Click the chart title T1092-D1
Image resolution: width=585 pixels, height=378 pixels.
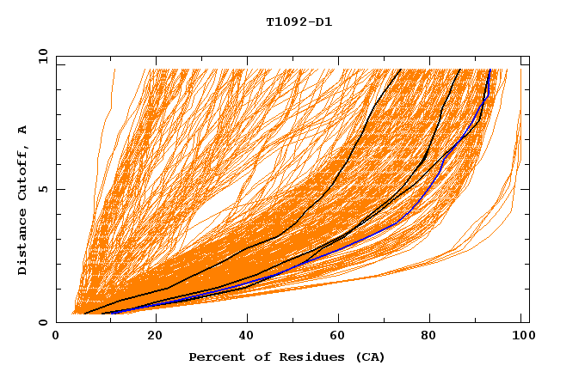[x=299, y=22]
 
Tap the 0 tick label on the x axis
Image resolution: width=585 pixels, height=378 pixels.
[x=56, y=337]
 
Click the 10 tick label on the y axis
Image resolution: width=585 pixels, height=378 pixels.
[x=41, y=56]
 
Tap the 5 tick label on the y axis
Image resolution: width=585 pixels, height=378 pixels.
[x=44, y=189]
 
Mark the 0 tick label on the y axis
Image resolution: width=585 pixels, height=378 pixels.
[x=44, y=322]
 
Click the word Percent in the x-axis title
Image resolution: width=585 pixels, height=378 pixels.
[x=214, y=357]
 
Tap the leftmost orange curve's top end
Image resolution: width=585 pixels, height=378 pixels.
[x=114, y=69]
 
